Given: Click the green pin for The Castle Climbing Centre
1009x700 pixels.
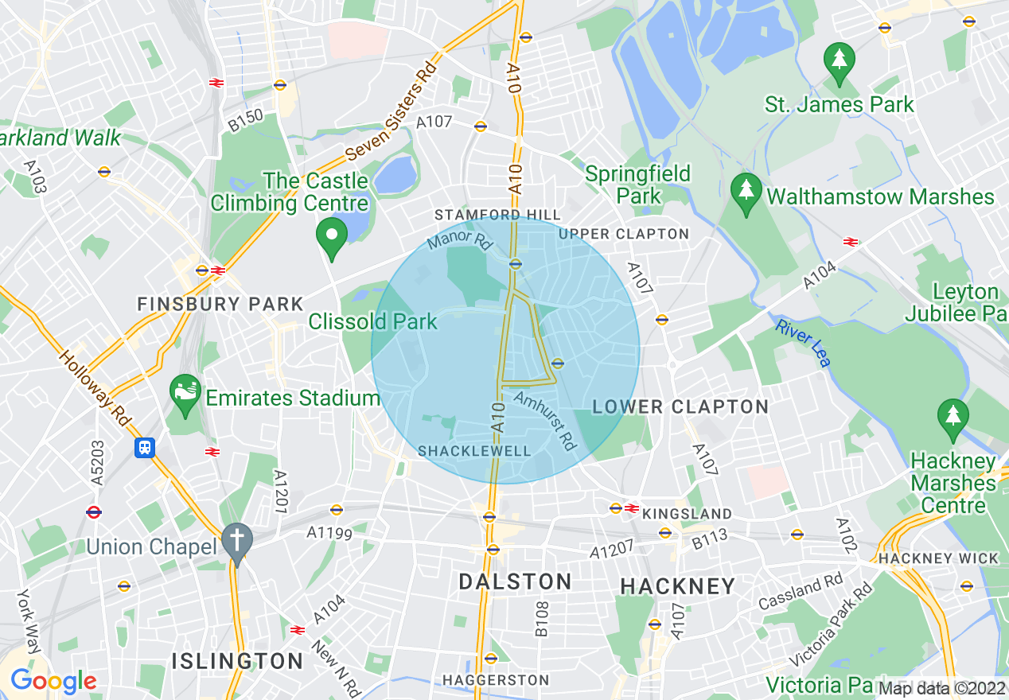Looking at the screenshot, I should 332,236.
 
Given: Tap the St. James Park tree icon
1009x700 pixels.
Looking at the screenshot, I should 839,60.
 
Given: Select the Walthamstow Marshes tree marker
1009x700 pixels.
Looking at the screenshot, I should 746,192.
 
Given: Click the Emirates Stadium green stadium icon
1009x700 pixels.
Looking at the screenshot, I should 185,392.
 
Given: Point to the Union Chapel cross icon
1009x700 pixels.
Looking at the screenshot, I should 237,542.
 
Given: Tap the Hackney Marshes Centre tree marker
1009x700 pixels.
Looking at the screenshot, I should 952,417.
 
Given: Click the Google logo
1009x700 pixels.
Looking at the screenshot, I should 53,681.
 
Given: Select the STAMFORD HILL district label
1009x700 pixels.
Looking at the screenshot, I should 497,215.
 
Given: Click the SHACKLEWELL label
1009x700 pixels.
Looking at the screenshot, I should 474,451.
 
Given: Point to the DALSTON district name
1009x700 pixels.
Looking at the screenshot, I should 515,581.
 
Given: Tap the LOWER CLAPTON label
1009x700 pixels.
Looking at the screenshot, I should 680,407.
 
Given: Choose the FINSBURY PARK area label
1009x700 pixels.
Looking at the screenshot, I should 220,304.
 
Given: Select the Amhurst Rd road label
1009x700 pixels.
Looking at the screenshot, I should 545,418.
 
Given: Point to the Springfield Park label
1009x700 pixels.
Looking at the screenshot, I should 637,185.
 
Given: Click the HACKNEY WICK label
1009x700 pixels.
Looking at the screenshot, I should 938,558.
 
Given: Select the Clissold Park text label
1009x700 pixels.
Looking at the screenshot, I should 373,322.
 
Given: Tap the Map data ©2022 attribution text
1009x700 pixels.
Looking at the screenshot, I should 942,688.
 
